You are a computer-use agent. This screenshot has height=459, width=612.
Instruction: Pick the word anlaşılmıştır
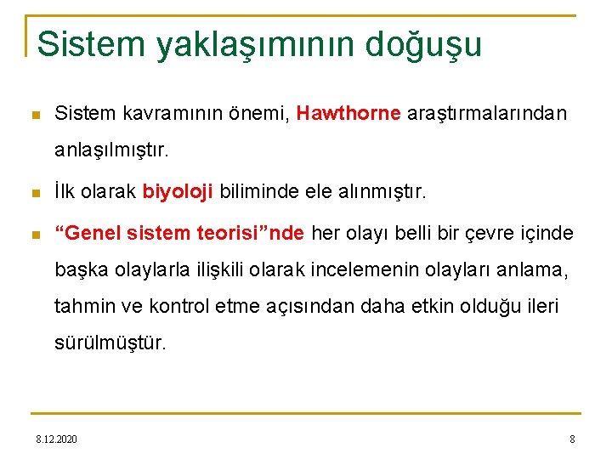click(x=112, y=151)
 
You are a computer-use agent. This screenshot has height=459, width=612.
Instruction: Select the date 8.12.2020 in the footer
click(x=56, y=439)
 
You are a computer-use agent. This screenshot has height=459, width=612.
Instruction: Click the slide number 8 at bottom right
click(x=572, y=439)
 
